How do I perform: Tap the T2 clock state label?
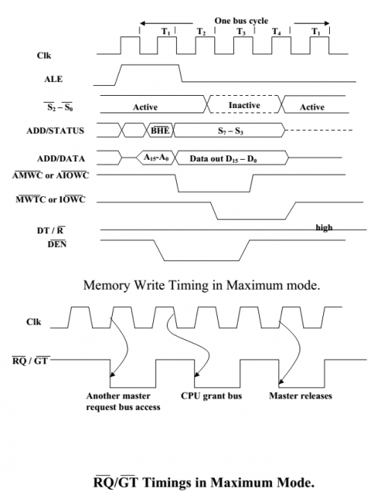201,32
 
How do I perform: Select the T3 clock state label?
241,32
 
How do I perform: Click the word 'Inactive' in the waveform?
244,105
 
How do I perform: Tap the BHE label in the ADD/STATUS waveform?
160,131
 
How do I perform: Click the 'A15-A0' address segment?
157,157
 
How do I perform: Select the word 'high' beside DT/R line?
324,227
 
